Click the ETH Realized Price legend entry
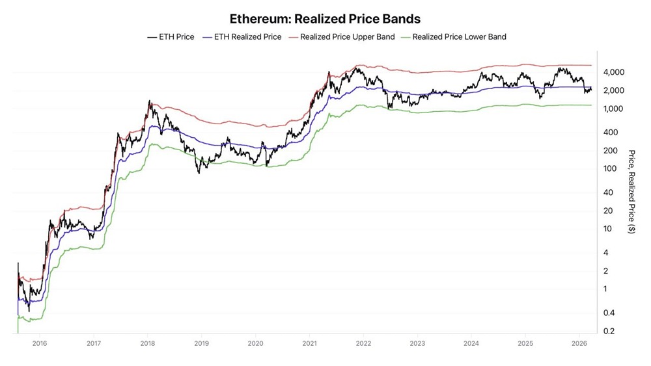247,37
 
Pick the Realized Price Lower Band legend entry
459,37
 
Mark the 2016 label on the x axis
40,343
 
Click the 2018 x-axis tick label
148,343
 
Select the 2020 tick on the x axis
256,343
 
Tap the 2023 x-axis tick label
418,343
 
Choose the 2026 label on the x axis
579,343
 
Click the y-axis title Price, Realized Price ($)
631,192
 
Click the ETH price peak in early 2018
150,101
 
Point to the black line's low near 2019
199,173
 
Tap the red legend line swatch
290,37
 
